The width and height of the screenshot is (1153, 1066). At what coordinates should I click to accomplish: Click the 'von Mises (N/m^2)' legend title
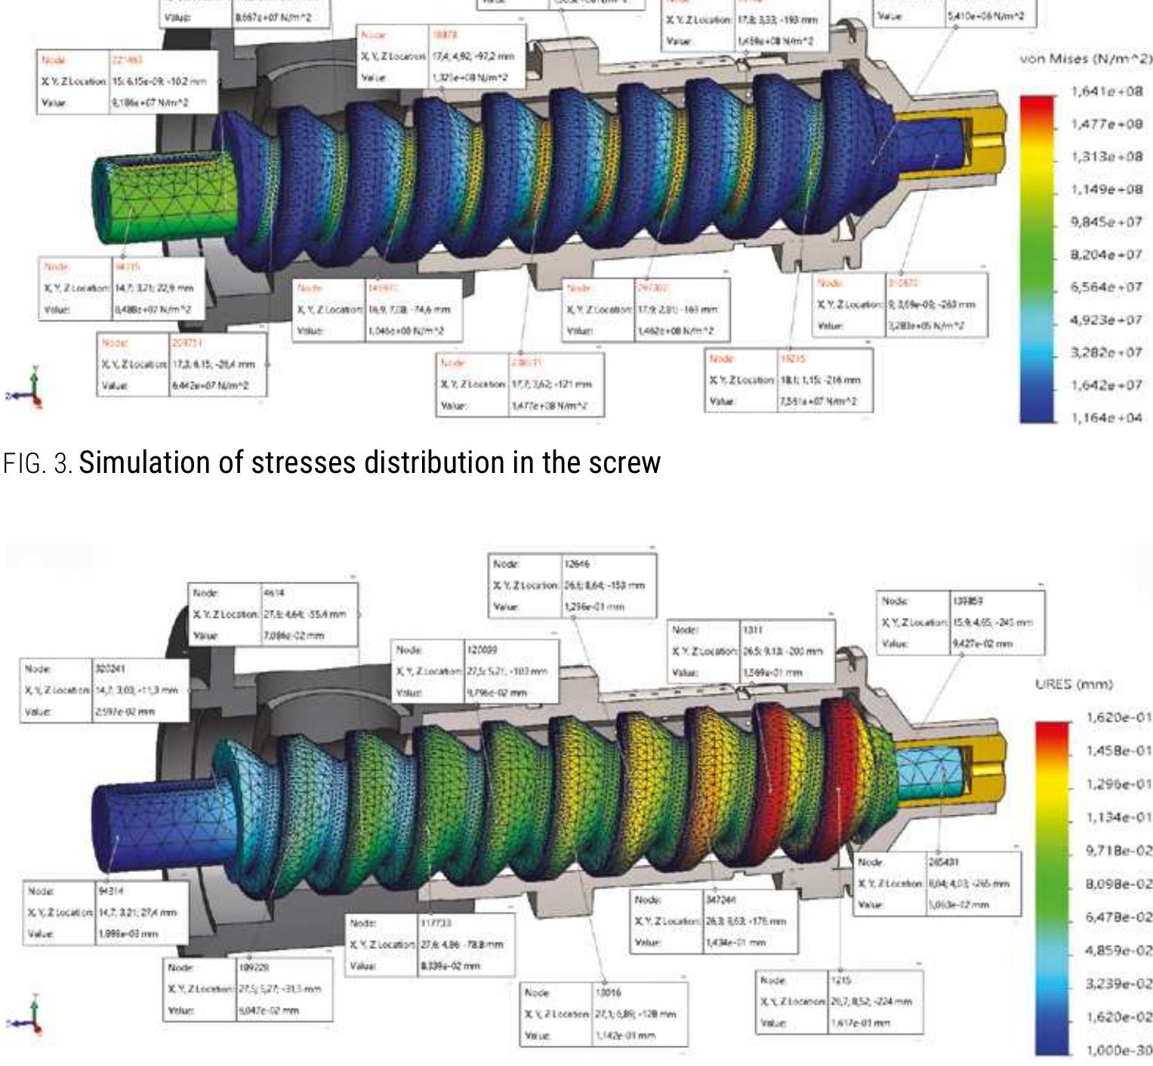1086,58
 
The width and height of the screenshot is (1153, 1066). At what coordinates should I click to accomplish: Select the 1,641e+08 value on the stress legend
1106,91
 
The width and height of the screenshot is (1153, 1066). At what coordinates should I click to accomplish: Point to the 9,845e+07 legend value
1106,221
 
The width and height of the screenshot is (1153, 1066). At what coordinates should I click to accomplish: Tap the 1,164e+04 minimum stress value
1106,418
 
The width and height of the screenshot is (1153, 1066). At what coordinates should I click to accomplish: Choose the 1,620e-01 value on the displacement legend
1118,717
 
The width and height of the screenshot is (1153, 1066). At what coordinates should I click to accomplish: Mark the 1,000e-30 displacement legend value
1118,1050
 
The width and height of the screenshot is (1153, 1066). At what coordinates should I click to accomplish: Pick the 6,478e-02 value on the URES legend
1118,917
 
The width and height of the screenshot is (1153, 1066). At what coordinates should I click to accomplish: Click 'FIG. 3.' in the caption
38,462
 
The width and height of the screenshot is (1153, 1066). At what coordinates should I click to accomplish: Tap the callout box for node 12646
573,586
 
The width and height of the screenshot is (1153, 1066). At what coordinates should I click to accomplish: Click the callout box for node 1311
753,650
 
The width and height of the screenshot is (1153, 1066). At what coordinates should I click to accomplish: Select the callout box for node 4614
273,614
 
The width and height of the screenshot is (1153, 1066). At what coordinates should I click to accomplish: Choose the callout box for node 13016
605,1014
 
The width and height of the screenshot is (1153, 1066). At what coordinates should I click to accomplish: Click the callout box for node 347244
714,921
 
